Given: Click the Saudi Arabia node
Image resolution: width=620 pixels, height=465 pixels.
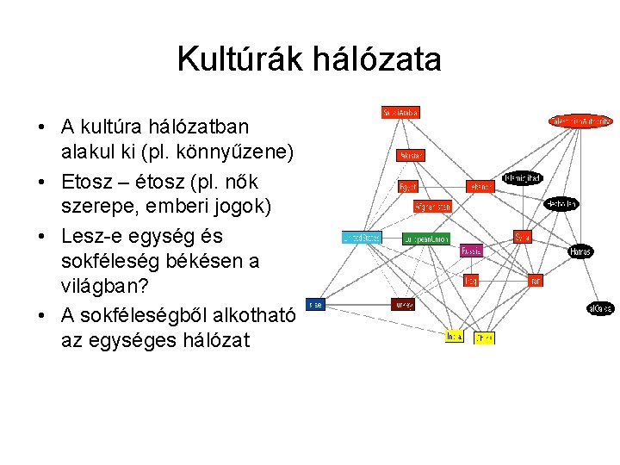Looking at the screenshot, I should (400, 112).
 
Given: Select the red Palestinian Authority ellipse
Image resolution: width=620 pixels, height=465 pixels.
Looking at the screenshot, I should (581, 121).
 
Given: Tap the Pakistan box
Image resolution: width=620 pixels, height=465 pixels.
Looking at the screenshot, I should (411, 156).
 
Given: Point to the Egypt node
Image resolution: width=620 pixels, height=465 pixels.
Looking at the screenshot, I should (407, 186).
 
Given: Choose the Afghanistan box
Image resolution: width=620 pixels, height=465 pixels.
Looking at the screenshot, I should (432, 207).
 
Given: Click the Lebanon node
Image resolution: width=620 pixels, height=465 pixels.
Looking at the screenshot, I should (481, 186).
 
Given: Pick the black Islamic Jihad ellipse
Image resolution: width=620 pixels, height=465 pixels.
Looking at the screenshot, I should (523, 179).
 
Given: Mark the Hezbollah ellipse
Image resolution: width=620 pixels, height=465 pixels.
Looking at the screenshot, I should (561, 204).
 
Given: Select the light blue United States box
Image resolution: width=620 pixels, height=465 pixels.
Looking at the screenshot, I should (361, 238).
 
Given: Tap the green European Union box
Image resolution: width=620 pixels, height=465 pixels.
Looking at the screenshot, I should (426, 239).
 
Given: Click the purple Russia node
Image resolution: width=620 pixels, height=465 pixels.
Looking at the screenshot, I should (471, 251).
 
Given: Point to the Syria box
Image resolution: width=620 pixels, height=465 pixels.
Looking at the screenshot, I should (523, 237).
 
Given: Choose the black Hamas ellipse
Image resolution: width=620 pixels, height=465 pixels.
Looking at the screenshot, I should (580, 251).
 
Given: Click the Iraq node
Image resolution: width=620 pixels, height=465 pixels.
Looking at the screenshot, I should (471, 281).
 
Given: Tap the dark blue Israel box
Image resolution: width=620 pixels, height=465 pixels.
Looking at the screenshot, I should (315, 304).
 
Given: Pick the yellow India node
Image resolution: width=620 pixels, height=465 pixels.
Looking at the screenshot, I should (454, 337).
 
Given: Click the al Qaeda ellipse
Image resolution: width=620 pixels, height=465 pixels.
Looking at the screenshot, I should (600, 308).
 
